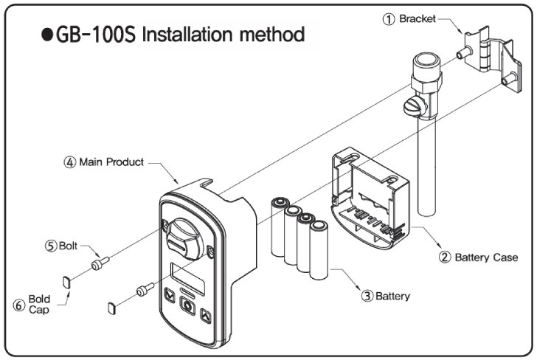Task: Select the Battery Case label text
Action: (486, 257)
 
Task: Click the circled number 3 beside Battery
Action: (367, 297)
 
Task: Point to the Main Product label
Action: (113, 162)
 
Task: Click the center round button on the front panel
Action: (187, 311)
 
